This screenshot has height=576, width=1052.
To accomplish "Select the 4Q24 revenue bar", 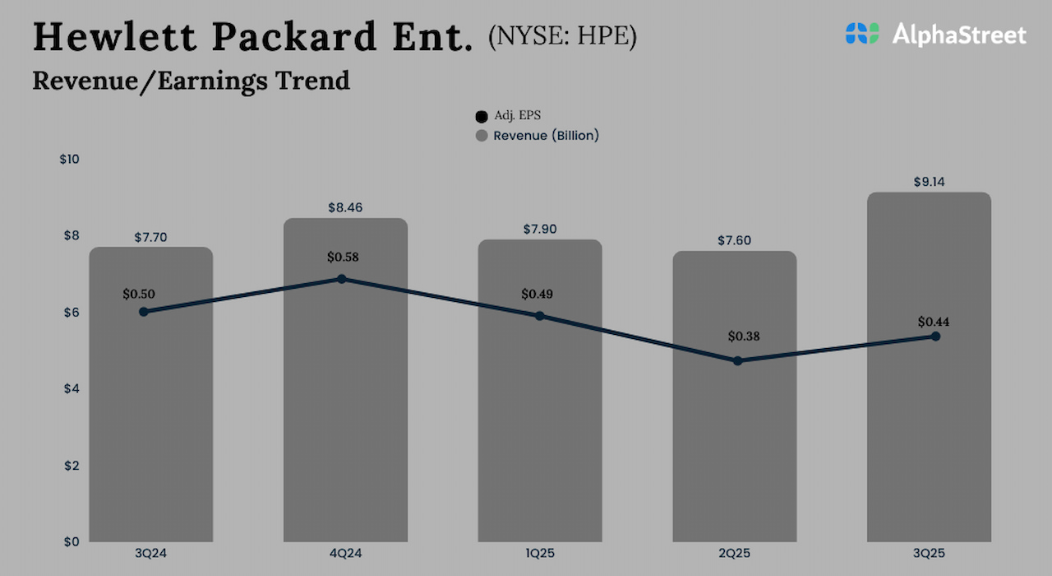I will tap(345, 428).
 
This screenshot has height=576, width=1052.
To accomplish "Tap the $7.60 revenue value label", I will tap(734, 240).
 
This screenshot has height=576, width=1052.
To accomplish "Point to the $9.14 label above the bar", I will tap(929, 181).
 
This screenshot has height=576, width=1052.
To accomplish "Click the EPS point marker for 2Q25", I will tap(737, 360).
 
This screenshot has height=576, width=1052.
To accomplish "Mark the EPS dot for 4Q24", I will tap(342, 279).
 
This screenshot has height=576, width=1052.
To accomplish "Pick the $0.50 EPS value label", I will tap(139, 294).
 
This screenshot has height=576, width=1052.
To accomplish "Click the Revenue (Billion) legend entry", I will tap(538, 135).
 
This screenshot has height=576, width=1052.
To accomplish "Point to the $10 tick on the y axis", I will tap(69, 159).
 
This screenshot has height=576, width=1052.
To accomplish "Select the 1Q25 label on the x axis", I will tap(539, 554).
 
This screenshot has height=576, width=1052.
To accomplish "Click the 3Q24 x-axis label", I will tap(150, 554).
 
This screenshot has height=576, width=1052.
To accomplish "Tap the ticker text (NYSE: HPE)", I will tap(562, 36).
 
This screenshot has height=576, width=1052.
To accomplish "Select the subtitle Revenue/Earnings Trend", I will tap(191, 81).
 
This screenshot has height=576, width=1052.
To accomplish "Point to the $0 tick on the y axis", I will tap(72, 541).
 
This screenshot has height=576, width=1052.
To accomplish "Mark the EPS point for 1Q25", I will tap(539, 315).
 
